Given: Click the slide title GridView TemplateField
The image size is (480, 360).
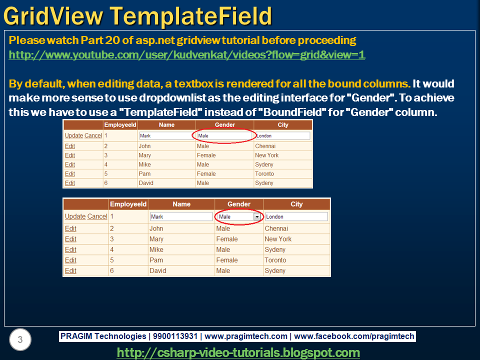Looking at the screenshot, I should coord(138,16).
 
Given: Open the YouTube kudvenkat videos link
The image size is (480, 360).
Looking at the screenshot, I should coord(187,55).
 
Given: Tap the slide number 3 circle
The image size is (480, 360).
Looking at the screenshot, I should coord(20,340).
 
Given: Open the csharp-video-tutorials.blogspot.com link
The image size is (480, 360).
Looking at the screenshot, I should coord(238,352).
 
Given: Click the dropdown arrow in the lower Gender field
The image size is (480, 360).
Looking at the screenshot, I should coord(257,217).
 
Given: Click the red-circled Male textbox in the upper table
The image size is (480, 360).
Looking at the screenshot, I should coord(223,135).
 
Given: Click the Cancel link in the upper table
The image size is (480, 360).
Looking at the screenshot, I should coord(93,135).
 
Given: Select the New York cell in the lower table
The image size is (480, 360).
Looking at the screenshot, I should coord(278,239).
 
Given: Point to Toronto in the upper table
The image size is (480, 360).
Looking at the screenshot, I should coord(264,173).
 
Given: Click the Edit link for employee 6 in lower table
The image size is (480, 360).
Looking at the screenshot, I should coord(70,270).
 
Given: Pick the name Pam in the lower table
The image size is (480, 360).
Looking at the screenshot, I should coord(155,260).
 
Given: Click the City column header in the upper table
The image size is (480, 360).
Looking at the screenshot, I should coord(283,124).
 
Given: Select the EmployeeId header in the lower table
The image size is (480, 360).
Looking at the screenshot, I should coord(128,204).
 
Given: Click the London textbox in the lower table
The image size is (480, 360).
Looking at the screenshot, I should coord(296,217).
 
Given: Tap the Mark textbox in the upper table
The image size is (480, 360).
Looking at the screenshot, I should coord(166,135).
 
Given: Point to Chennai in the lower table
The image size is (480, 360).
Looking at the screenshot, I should coord(276,228).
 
